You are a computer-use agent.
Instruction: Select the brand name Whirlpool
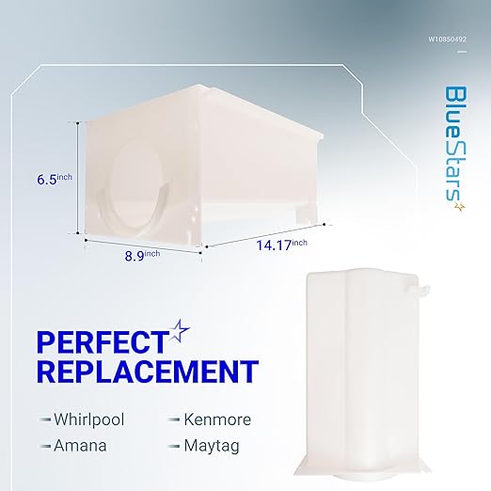pos(90,418)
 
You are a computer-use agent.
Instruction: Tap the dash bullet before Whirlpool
pos(46,419)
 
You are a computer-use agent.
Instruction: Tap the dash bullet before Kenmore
pos(174,419)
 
